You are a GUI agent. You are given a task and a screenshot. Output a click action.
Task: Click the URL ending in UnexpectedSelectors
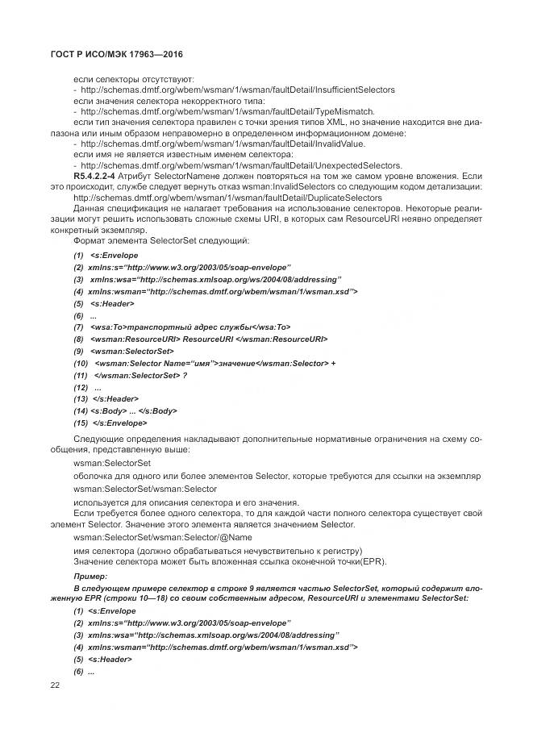pyautogui.click(x=230, y=165)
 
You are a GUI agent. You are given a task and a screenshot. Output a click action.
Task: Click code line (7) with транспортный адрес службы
pyautogui.click(x=181, y=327)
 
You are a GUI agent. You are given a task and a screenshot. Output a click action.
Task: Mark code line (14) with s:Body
pyautogui.click(x=125, y=410)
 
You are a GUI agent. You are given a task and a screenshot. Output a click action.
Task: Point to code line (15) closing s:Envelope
pyautogui.click(x=110, y=423)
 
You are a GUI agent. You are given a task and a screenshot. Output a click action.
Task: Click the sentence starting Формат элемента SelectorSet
pyautogui.click(x=161, y=240)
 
